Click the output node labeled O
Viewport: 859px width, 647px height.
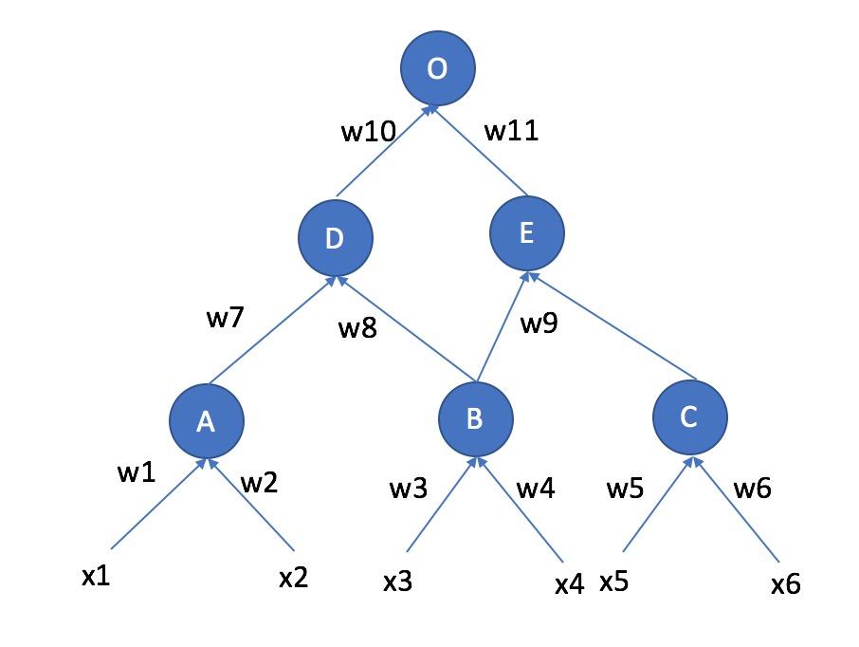(437, 69)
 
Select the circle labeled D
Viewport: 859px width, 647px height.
(335, 237)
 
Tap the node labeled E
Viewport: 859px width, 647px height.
(527, 232)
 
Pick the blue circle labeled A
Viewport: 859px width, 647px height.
(207, 421)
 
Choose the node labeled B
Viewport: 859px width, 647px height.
(476, 418)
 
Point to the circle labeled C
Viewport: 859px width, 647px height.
(690, 416)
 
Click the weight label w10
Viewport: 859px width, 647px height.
(368, 132)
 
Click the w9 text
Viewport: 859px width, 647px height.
(539, 323)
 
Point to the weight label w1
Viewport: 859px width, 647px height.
(136, 472)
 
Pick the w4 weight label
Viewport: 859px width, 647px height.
(536, 490)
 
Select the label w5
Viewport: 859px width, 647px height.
(625, 490)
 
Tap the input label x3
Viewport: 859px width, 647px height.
(397, 582)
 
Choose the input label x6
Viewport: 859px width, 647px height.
(786, 584)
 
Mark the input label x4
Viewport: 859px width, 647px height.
(569, 584)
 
